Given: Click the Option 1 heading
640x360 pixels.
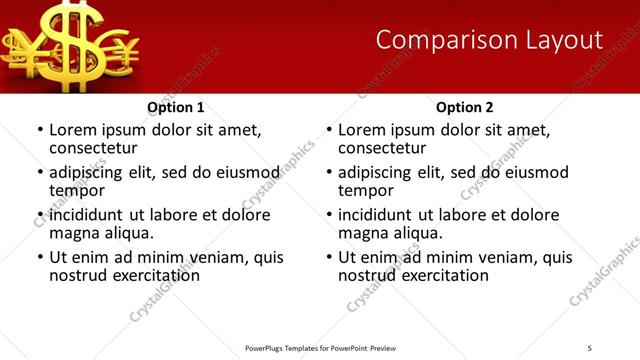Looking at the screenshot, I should pyautogui.click(x=175, y=107).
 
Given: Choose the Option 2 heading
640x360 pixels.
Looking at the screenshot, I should pyautogui.click(x=464, y=107).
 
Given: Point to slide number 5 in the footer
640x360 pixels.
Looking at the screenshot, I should pyautogui.click(x=590, y=348).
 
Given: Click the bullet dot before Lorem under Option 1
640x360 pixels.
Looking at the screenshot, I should pyautogui.click(x=39, y=131).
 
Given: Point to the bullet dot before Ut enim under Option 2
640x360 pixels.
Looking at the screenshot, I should pyautogui.click(x=328, y=258).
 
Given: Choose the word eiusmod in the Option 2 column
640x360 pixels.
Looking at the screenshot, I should pyautogui.click(x=536, y=172).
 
